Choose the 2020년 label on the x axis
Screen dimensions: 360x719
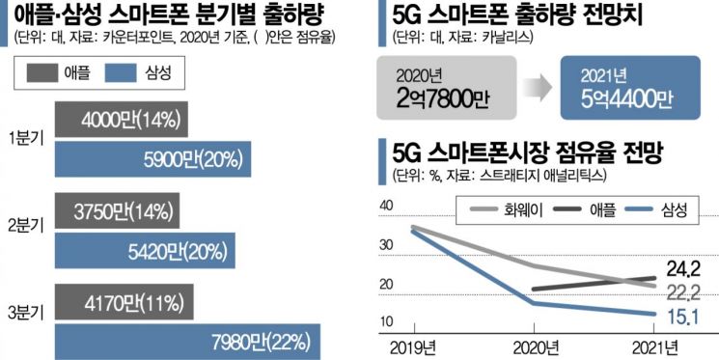(537, 346)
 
